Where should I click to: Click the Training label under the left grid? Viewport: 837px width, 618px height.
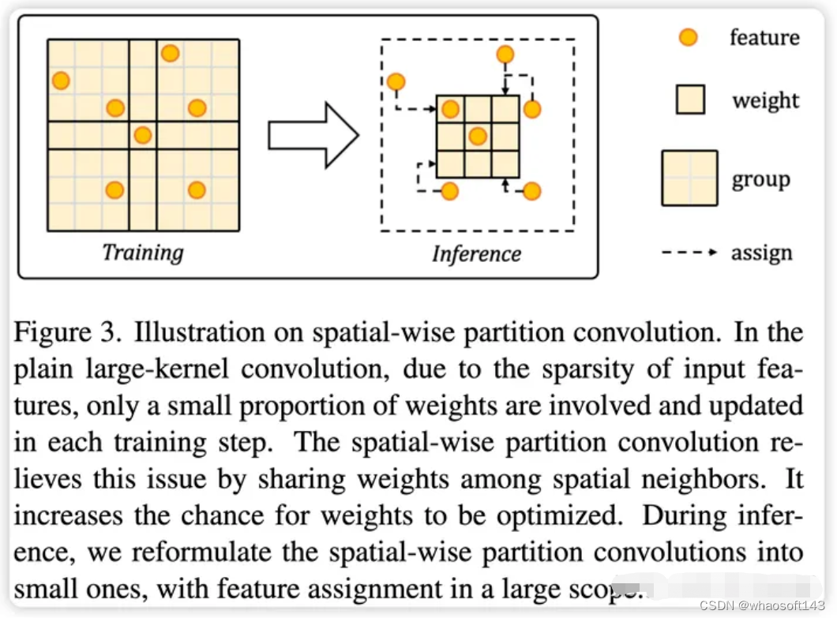[142, 253]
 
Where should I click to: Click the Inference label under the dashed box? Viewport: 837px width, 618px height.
[476, 253]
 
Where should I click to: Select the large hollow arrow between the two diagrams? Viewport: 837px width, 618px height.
[313, 135]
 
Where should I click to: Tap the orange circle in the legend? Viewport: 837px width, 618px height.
[689, 37]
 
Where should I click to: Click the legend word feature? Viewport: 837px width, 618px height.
[764, 37]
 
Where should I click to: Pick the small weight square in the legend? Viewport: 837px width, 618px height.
[690, 100]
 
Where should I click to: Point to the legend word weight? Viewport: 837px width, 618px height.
[765, 100]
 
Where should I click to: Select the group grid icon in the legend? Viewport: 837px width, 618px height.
[689, 178]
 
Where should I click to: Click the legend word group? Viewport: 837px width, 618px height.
[760, 179]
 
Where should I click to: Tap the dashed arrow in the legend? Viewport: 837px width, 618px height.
[689, 253]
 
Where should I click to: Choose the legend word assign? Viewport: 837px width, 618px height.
[761, 253]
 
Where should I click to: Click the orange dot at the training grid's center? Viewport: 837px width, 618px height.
[143, 135]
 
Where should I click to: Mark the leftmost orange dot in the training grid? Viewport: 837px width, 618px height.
[61, 81]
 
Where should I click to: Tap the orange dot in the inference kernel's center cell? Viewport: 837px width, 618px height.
[478, 137]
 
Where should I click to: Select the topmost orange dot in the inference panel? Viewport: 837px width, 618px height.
[505, 54]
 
